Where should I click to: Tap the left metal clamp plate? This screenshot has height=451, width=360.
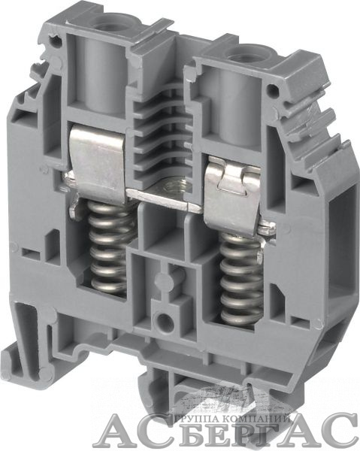coord(97,159)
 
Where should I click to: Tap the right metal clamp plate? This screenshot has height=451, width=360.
coord(232,193)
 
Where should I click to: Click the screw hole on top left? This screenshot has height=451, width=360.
coord(110,21)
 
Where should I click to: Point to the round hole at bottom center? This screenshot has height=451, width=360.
coord(164,321)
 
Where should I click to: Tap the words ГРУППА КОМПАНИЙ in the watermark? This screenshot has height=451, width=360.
coord(231,416)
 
